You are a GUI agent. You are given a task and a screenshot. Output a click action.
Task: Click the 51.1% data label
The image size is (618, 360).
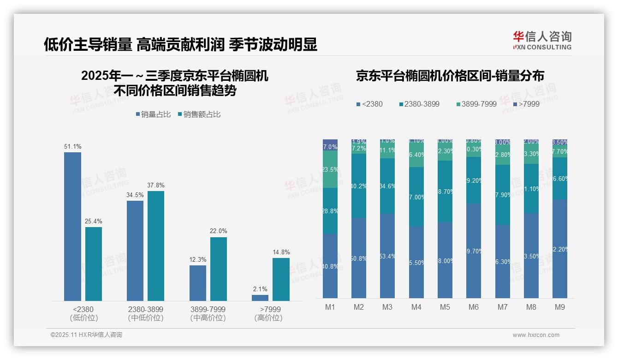click(73, 147)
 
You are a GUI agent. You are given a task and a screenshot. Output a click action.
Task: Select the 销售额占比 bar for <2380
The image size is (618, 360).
click(94, 264)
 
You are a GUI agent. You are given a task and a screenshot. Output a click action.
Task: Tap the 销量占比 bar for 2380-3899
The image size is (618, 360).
click(135, 251)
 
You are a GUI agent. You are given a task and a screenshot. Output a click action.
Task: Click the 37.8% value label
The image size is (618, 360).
click(156, 185)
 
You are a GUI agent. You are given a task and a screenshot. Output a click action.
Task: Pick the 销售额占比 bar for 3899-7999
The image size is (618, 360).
click(219, 269)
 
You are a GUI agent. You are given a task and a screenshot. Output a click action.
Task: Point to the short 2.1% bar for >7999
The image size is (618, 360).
click(260, 298)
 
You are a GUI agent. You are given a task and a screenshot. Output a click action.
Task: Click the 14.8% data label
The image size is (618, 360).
click(281, 252)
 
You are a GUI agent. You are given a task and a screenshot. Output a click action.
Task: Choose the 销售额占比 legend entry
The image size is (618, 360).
click(199, 114)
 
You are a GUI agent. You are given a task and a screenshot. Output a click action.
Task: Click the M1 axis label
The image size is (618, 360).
click(330, 307)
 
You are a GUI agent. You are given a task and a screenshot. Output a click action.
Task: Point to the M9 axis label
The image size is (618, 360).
click(560, 307)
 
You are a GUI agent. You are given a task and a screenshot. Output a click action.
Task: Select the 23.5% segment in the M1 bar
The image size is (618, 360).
click(330, 169)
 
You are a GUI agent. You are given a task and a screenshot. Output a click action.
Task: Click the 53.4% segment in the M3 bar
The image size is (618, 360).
click(387, 256)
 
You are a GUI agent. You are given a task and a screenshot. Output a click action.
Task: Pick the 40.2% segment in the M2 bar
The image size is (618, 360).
click(359, 186)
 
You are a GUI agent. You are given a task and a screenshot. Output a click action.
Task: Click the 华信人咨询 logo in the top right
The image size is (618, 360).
click(542, 41)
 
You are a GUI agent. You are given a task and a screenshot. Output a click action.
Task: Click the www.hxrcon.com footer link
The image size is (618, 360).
click(536, 335)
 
